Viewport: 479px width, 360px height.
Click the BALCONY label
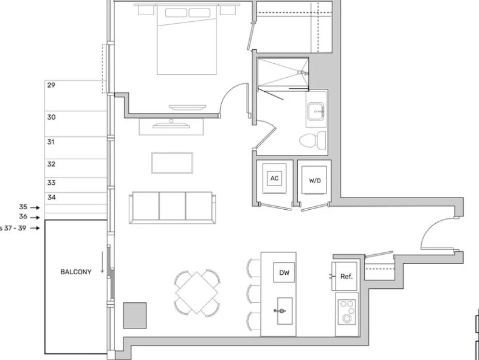76,272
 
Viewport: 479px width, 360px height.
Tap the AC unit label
274,178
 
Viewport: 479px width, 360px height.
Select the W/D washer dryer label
315,181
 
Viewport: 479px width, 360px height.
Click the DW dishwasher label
284,272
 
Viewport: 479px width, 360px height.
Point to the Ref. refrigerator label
346,276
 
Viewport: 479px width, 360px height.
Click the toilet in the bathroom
312,140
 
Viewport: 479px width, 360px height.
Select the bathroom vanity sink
316,111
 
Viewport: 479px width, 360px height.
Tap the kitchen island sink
284,311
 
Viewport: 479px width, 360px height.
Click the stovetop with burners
347,311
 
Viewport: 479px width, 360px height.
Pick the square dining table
197,292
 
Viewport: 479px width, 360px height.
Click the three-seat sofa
172,208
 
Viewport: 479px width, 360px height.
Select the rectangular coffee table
172,163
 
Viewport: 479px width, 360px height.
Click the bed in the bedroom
187,40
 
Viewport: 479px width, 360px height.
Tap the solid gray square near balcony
135,316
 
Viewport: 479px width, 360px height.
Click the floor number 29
51,85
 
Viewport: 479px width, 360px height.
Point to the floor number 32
51,164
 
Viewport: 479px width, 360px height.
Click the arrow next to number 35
35,207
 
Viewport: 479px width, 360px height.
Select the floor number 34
52,198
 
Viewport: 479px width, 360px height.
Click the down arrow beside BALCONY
102,262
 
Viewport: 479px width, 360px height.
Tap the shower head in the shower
303,73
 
